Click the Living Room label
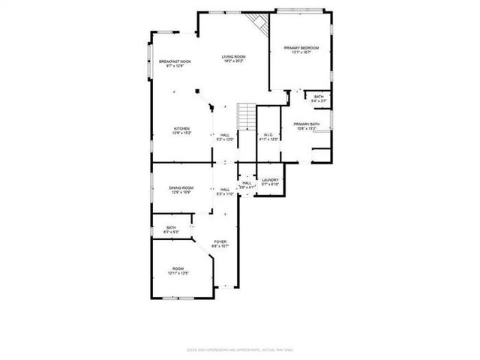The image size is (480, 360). pyautogui.click(x=233, y=56)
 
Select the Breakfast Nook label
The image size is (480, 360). pyautogui.click(x=175, y=62)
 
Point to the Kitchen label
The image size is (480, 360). pyautogui.click(x=182, y=128)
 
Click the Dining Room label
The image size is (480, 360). pyautogui.click(x=181, y=187)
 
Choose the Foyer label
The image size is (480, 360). pyautogui.click(x=220, y=241)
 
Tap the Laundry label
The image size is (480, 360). pyautogui.click(x=270, y=180)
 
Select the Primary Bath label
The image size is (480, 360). pyautogui.click(x=307, y=124)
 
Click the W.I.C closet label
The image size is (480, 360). pyautogui.click(x=269, y=135)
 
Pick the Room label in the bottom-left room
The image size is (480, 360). pyautogui.click(x=178, y=268)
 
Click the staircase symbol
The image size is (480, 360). pyautogui.click(x=247, y=117)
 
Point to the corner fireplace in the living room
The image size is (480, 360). pyautogui.click(x=260, y=22)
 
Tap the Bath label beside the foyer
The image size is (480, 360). pyautogui.click(x=171, y=228)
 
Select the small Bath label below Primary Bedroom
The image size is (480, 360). pyautogui.click(x=319, y=97)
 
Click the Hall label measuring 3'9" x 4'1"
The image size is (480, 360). pyautogui.click(x=247, y=182)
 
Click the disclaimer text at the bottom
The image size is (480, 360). pyautogui.click(x=240, y=350)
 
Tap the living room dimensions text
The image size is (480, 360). pyautogui.click(x=233, y=61)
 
